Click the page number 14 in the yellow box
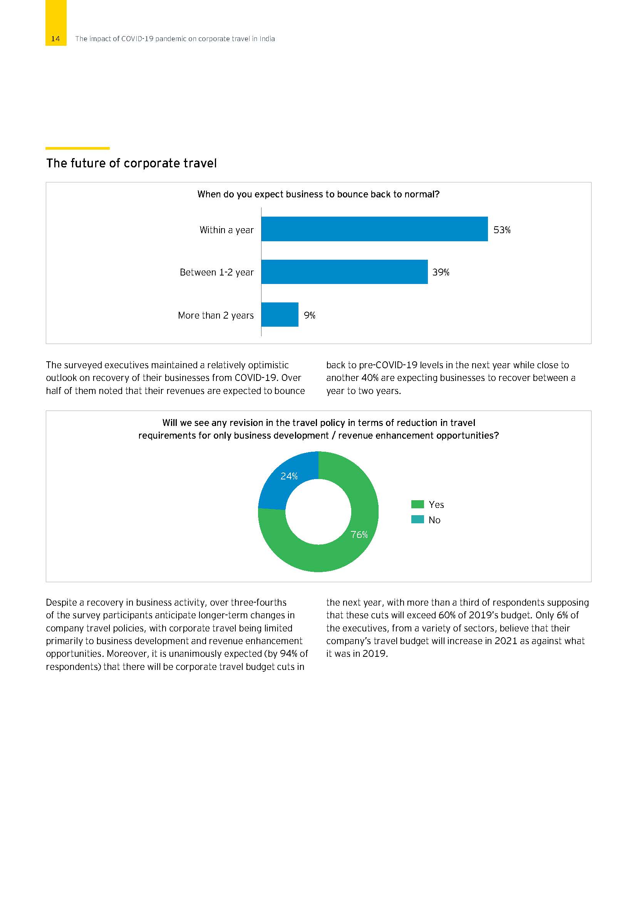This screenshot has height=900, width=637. tap(55, 39)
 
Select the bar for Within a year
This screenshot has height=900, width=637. tap(374, 229)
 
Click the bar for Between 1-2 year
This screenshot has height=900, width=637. tap(344, 272)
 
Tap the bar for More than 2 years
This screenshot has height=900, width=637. tap(280, 314)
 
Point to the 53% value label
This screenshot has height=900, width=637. tap(502, 230)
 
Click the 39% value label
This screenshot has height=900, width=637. tap(441, 272)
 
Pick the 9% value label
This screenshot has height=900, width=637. tap(310, 315)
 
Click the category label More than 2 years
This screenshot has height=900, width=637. tap(216, 315)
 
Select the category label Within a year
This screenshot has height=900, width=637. tap(226, 230)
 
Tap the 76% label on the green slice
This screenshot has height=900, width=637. tap(359, 535)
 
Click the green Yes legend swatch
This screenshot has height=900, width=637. tap(417, 504)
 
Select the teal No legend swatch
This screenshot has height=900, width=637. tap(417, 519)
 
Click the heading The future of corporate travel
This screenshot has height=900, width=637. tap(131, 163)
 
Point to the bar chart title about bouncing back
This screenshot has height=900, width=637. tap(318, 194)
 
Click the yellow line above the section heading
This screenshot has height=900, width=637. tap(77, 148)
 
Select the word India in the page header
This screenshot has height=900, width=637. tap(267, 39)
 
